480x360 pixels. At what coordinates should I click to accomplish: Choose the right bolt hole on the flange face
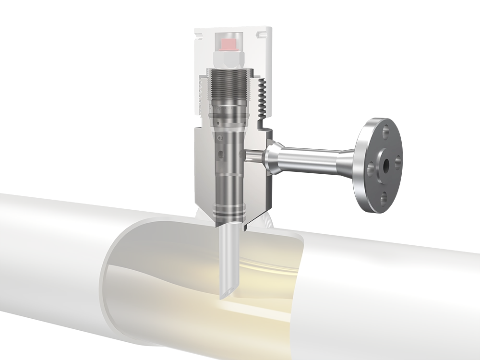coord(397,162)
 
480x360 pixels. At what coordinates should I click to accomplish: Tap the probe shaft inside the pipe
coord(225,254)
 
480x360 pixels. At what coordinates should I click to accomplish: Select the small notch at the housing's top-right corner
coord(261,34)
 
